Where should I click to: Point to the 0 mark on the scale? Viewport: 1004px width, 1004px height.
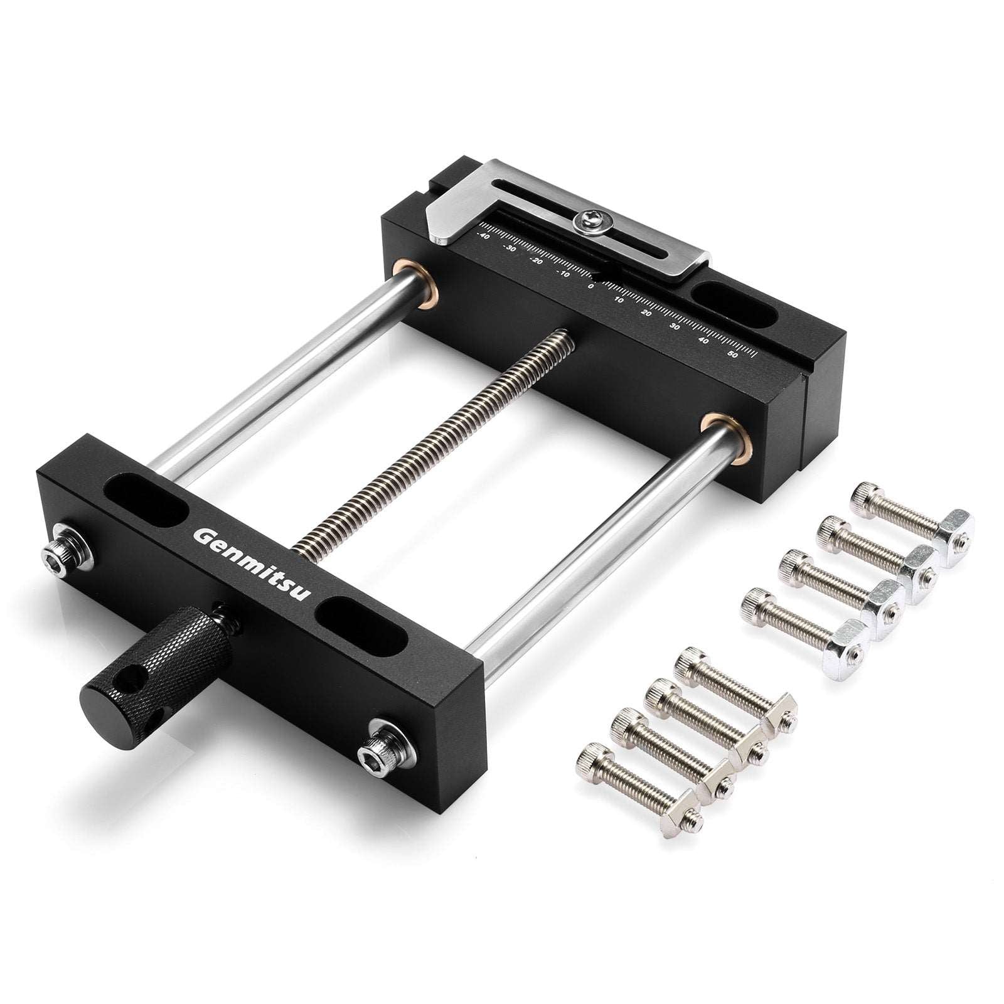(x=590, y=286)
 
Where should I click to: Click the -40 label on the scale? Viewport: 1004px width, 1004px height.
(x=483, y=235)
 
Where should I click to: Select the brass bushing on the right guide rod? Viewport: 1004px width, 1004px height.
(x=722, y=433)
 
